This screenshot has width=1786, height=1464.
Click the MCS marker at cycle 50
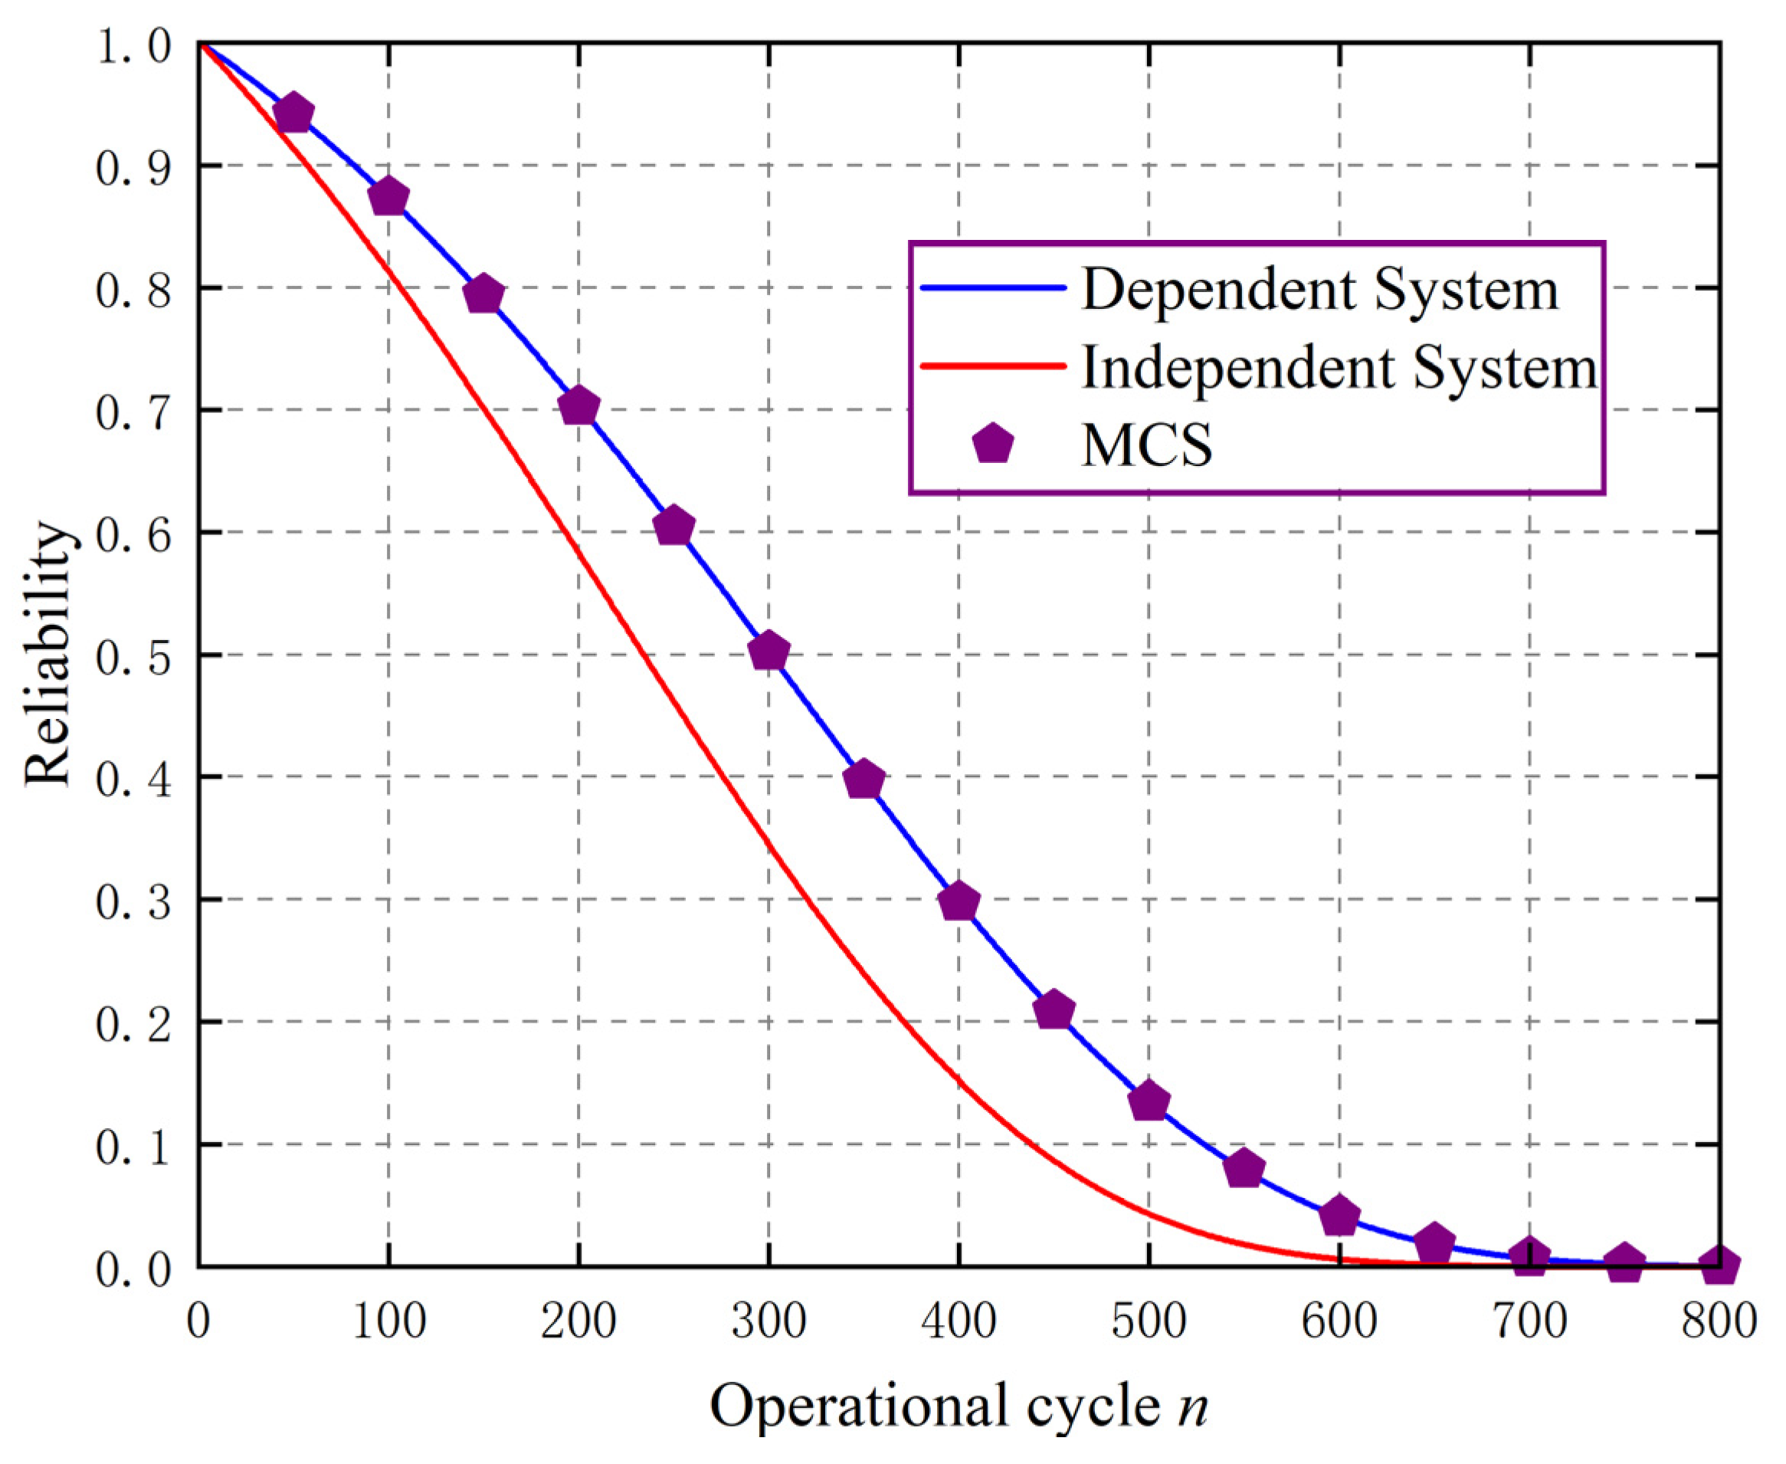point(293,113)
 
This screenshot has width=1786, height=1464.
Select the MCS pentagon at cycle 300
point(768,652)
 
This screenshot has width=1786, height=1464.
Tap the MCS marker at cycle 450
point(1054,1010)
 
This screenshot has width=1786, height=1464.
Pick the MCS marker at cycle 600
point(1339,1216)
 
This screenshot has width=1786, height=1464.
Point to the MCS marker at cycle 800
point(1719,1265)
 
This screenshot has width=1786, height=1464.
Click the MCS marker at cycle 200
point(578,406)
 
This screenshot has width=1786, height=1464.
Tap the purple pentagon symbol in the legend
point(993,445)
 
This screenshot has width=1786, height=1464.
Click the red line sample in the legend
point(993,366)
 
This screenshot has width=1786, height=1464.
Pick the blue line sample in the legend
point(993,288)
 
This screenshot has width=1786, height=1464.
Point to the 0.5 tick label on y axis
point(133,656)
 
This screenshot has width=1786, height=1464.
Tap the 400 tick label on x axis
point(959,1321)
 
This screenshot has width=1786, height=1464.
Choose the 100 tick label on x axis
point(388,1321)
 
